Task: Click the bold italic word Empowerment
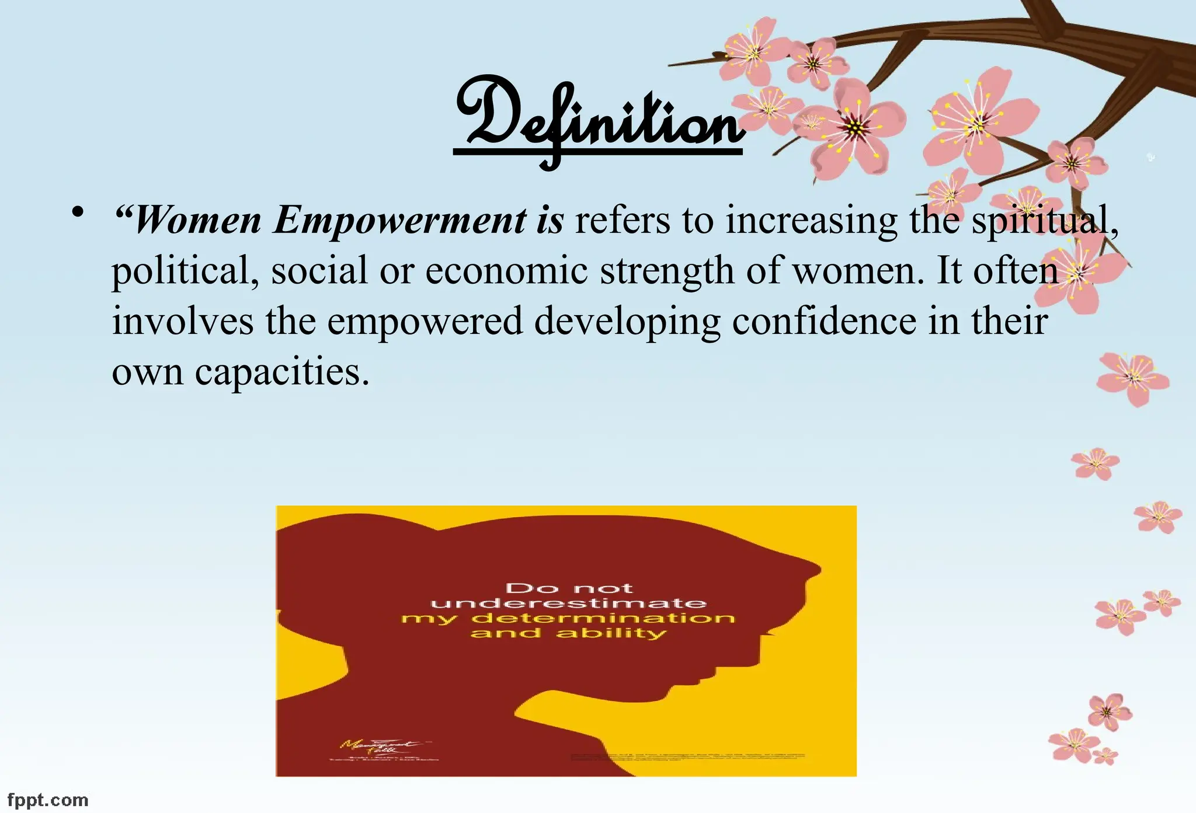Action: click(400, 221)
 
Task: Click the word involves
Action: click(182, 321)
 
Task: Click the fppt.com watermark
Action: click(48, 800)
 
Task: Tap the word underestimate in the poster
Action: click(568, 603)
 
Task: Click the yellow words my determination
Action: click(568, 618)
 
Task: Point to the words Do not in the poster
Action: click(568, 588)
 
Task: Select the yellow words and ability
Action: click(568, 633)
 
